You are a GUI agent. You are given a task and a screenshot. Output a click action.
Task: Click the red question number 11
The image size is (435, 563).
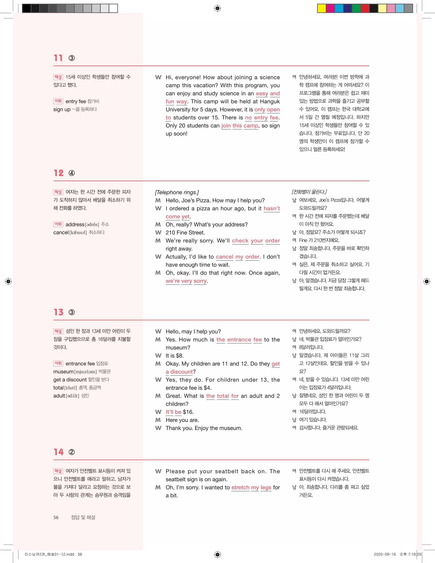pos(58,58)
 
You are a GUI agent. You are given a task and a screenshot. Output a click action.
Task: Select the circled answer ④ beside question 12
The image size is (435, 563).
pos(72,173)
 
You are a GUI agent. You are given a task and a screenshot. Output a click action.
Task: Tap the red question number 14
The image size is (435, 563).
pos(59,452)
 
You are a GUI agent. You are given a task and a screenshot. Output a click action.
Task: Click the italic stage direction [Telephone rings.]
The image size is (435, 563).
pos(177,192)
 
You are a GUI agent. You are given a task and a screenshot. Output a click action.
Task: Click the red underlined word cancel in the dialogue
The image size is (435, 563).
pos(224,257)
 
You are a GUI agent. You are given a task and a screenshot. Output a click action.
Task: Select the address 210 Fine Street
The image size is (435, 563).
pos(185,232)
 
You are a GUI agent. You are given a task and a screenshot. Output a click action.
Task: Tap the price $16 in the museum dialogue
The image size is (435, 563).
pos(188,412)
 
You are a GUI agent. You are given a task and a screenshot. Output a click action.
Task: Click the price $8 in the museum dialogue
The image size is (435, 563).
pos(179,356)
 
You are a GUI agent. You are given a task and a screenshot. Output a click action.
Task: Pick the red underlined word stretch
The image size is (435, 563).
pos(240,487)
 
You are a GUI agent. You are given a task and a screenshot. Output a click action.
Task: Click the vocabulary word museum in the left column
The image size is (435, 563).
pos(63,372)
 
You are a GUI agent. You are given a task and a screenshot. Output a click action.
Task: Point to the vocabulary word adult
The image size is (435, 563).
pos(59,396)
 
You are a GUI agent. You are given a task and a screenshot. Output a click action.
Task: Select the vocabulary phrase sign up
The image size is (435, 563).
pos(62,109)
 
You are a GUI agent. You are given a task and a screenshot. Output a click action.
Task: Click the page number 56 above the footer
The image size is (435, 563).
pos(56,517)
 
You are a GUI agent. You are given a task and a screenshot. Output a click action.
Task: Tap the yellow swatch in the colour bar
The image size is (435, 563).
pos(321,8)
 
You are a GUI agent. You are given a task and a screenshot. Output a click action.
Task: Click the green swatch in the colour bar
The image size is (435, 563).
pos(356,8)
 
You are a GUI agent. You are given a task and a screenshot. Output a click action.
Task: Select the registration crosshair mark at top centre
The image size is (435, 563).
pos(217,8)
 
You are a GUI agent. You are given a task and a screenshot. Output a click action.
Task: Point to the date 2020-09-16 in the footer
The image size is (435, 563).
pos(384,554)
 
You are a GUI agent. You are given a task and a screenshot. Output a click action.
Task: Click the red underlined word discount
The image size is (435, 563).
pos(181,372)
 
